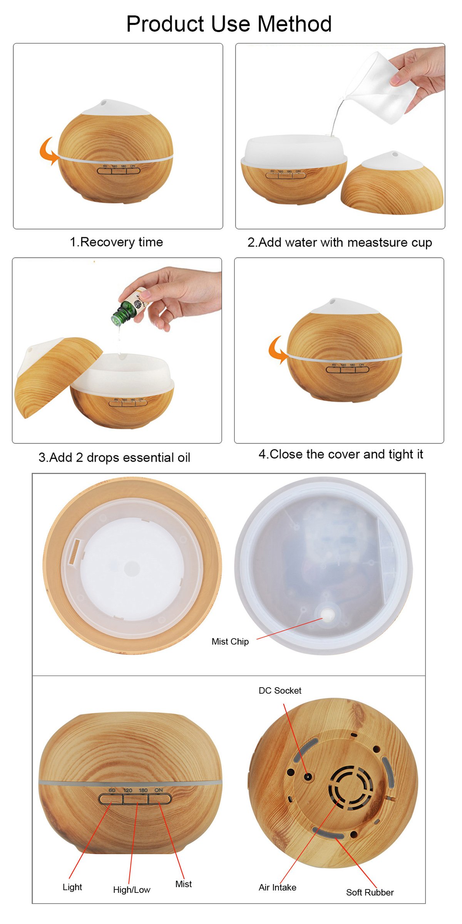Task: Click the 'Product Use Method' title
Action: click(229, 24)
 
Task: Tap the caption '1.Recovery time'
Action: click(116, 242)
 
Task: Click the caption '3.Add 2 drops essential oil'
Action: click(114, 457)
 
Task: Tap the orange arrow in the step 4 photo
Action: click(278, 349)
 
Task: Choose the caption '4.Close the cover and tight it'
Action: click(341, 454)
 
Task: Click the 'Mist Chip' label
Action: click(230, 641)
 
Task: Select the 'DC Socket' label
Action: click(280, 690)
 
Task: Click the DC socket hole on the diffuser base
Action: click(308, 776)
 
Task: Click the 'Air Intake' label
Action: click(278, 887)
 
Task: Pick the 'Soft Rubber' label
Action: click(370, 892)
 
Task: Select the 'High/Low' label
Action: click(132, 889)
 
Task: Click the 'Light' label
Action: click(72, 887)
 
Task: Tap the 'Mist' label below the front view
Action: click(184, 884)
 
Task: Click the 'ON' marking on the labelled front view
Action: click(159, 790)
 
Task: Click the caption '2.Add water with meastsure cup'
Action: click(340, 243)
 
